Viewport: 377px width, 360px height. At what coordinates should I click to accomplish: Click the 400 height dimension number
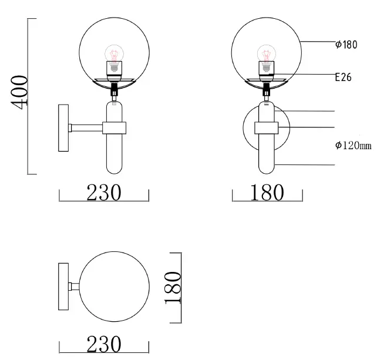19,91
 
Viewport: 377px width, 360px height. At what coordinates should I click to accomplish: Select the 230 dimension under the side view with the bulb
104,192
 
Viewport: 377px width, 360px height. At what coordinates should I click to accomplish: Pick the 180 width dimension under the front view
267,192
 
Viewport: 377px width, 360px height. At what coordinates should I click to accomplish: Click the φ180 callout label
346,45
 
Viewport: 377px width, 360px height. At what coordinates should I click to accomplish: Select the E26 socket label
343,77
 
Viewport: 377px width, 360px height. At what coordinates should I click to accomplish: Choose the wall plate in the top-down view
63,287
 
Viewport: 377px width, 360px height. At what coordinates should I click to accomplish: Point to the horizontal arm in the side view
86,127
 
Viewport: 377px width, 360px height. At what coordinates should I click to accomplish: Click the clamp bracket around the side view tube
114,127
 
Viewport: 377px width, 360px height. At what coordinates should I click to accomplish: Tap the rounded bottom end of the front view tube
268,170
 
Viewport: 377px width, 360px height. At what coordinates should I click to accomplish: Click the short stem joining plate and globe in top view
75,287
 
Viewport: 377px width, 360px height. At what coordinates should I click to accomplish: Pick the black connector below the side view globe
114,89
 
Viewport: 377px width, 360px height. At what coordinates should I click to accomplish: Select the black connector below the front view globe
268,89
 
